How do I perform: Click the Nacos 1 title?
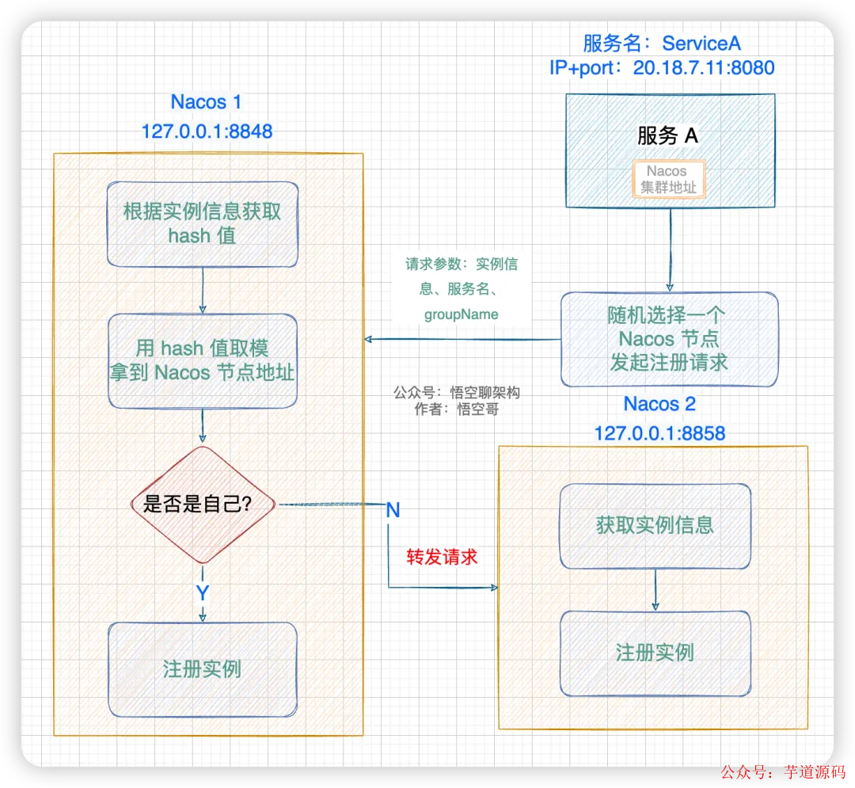206,102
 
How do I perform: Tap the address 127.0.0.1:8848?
207,131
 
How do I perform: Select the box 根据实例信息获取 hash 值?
203,223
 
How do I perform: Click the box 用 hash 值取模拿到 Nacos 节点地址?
203,360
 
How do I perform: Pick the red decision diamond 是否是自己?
203,504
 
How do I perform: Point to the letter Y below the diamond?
203,593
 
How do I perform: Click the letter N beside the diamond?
393,511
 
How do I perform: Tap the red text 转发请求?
442,557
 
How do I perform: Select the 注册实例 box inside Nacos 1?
203,669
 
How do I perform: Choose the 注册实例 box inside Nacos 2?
655,653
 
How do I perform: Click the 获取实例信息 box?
655,525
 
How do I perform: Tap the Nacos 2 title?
659,404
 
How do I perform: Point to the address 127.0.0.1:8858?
659,433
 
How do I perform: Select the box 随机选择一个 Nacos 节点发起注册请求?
669,339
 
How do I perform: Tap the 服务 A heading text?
668,136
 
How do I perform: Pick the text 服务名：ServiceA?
662,43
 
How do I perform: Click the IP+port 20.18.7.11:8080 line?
662,68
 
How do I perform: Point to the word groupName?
462,314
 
